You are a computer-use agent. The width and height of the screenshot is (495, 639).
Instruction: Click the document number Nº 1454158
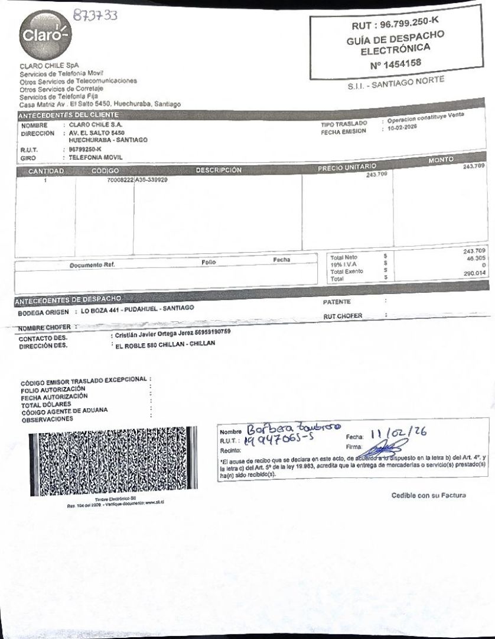coord(395,63)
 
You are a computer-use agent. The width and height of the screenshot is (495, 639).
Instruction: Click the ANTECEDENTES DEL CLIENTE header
coord(69,114)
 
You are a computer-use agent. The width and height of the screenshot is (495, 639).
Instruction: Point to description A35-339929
coord(151,179)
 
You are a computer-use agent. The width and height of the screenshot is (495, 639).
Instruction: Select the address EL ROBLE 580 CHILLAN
coord(165,343)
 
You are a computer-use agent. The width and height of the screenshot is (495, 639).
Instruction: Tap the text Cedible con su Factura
coord(428,495)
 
